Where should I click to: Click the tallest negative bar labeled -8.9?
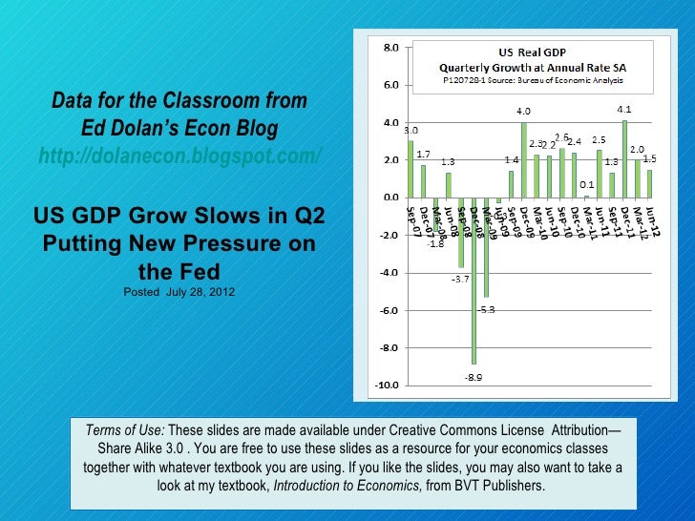(x=474, y=286)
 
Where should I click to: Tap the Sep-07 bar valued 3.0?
(x=411, y=169)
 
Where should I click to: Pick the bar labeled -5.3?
(x=486, y=248)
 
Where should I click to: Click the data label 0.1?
(x=586, y=184)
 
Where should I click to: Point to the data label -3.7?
(x=460, y=280)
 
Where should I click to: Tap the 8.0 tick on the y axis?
(x=391, y=47)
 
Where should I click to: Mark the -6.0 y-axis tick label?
(x=390, y=311)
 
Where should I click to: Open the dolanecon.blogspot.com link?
(x=179, y=156)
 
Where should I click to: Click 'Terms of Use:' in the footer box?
(x=125, y=429)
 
